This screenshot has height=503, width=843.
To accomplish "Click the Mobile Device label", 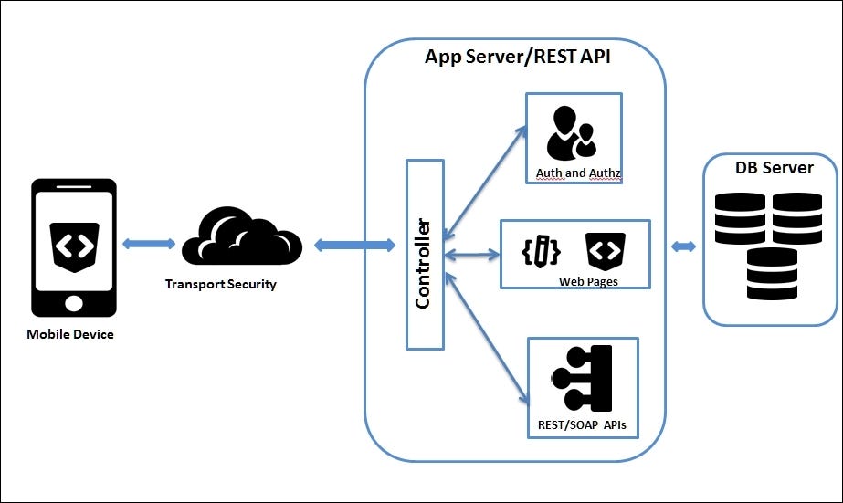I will [x=70, y=334].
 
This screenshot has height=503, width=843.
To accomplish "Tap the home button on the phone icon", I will [x=74, y=300].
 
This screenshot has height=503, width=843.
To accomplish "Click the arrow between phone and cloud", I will [x=148, y=243].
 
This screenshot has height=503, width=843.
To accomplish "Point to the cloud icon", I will [x=242, y=241].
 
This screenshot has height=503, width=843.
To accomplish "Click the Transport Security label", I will [x=220, y=284].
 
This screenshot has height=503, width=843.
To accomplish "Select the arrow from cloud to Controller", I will [x=354, y=246].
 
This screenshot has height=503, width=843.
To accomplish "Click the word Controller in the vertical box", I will [x=423, y=263].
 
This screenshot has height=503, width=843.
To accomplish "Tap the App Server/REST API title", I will [x=517, y=57].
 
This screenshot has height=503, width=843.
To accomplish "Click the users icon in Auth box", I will [x=571, y=133].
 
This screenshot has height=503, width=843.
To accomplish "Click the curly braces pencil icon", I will [x=543, y=249].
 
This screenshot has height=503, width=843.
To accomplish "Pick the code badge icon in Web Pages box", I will [x=605, y=248].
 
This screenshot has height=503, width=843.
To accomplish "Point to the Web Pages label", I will [x=588, y=281].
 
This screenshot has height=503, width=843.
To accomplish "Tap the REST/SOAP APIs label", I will [x=582, y=425].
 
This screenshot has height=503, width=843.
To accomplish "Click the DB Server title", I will [x=774, y=168].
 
